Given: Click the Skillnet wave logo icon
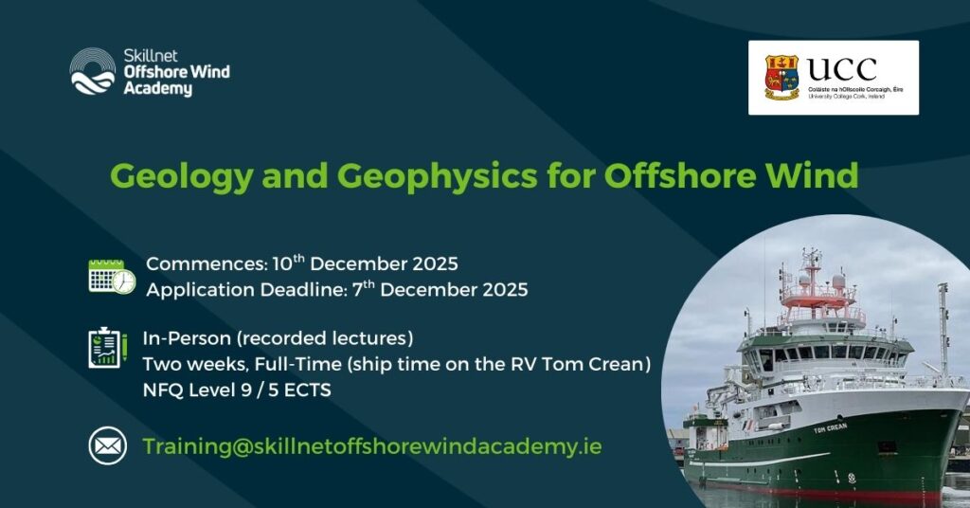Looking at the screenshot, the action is coord(92,71).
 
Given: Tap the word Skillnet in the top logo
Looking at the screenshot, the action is coord(151,56).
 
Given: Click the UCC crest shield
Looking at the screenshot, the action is coord(781,78).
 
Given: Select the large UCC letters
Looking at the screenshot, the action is coord(842,68).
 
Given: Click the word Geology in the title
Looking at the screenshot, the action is coord(181,175).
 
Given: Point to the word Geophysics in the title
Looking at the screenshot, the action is coord(437,175).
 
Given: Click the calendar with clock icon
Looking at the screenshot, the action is coord(112,276).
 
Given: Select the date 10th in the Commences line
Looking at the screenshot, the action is coord(288,263).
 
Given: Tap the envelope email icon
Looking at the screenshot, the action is coord(108,445).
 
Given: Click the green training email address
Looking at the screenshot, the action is coord(372,446).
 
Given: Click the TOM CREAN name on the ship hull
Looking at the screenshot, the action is coord(830,426).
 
